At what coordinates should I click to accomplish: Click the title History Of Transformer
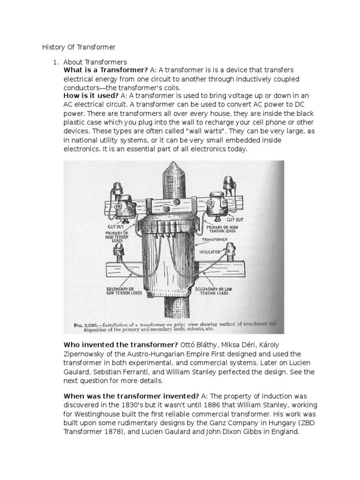(79, 47)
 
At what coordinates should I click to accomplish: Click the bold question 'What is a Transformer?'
(105, 70)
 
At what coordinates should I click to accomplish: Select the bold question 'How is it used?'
(91, 96)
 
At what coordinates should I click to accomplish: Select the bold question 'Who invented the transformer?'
(118, 345)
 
